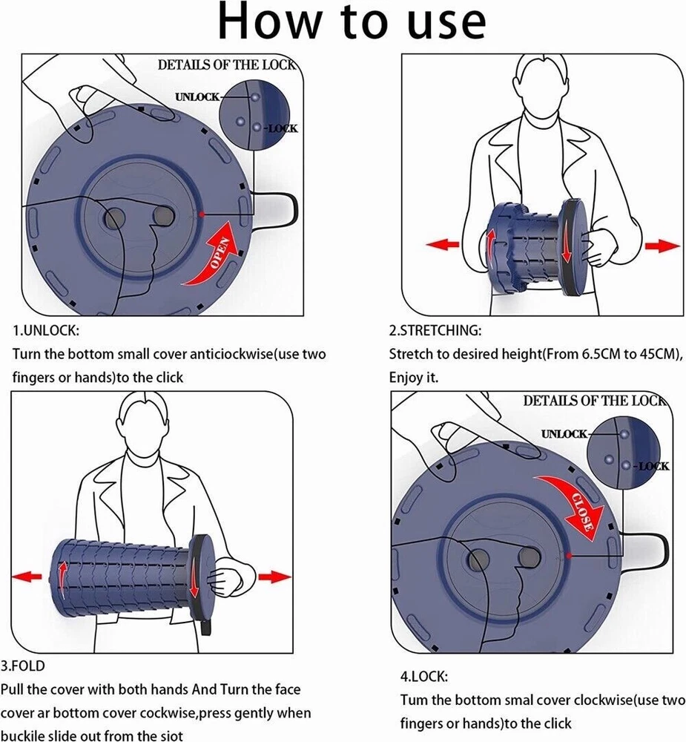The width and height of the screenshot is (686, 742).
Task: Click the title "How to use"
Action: click(x=352, y=22)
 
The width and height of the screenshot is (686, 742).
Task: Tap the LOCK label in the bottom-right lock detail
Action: click(x=653, y=466)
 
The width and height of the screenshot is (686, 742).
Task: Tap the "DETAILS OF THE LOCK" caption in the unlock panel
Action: click(x=226, y=65)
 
